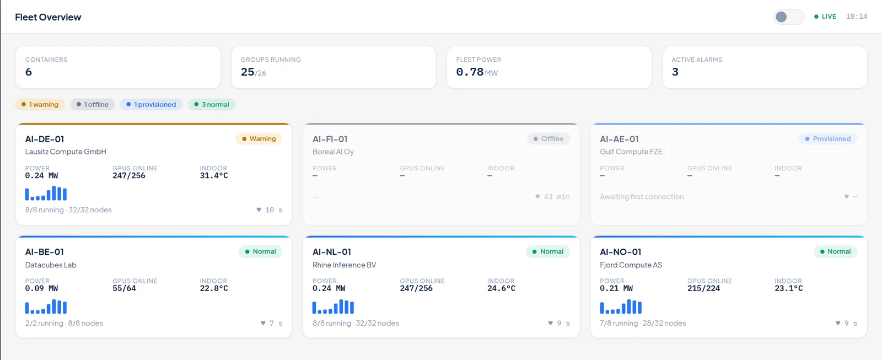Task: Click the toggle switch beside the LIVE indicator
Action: point(789,17)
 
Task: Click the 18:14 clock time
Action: point(857,17)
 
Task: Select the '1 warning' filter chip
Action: point(40,104)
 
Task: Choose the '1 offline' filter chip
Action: point(93,104)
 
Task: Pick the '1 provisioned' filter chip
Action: point(151,104)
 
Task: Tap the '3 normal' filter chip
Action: point(212,104)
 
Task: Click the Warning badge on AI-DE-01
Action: point(259,138)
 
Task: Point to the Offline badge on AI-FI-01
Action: point(548,138)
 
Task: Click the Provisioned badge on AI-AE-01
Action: point(827,138)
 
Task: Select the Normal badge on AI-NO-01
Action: point(835,252)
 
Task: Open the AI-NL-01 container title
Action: point(331,252)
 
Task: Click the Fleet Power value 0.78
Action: point(470,72)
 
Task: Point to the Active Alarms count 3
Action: point(675,72)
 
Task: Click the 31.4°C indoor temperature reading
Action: point(214,176)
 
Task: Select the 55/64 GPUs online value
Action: point(124,288)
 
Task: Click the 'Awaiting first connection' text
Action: point(642,197)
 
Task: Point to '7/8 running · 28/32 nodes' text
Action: point(643,323)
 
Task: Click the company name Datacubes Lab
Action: point(51,265)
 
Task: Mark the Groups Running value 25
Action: point(248,72)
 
